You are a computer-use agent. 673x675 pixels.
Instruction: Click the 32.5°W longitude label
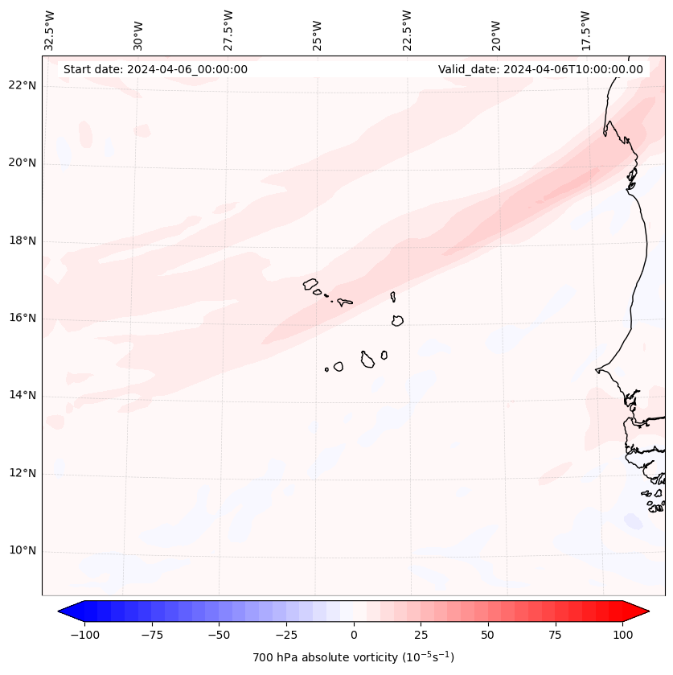tap(50, 30)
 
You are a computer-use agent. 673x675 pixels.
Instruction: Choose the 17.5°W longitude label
tap(585, 30)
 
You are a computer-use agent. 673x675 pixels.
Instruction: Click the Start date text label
tap(155, 69)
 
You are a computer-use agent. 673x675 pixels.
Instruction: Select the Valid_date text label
tap(540, 69)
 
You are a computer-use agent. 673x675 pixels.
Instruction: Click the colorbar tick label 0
tap(354, 635)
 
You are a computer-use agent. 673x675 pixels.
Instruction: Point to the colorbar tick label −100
tap(84, 635)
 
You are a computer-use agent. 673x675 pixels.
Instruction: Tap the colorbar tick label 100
tap(622, 635)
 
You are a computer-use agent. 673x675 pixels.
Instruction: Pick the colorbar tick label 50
tap(488, 635)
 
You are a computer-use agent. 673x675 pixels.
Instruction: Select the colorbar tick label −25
tap(285, 635)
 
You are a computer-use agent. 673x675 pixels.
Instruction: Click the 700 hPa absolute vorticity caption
tap(354, 657)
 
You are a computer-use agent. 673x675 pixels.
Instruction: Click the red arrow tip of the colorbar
tap(642, 611)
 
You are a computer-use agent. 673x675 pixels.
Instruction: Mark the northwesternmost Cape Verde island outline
tap(310, 283)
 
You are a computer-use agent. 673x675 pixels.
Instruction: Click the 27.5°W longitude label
tap(228, 30)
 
